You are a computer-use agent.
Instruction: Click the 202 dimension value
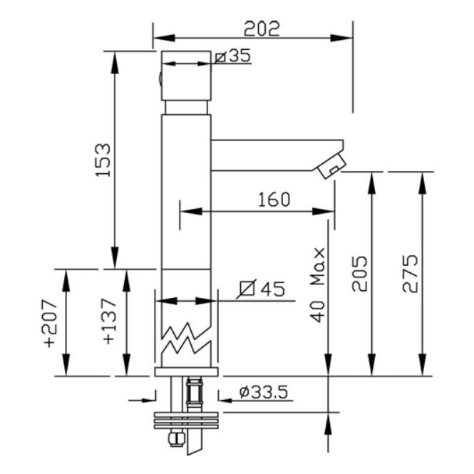[x=262, y=29]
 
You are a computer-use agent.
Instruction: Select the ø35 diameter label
[x=233, y=56]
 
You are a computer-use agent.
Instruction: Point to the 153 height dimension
[x=103, y=160]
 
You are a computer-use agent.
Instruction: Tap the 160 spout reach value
[x=274, y=200]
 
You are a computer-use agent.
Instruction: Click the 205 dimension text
[x=360, y=274]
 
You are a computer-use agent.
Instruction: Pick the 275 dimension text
[x=411, y=274]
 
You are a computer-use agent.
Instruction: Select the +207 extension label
[x=50, y=323]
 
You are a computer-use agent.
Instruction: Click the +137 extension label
[x=110, y=321]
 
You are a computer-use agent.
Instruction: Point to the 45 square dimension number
[x=273, y=289]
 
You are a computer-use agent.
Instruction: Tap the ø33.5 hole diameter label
[x=263, y=392]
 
